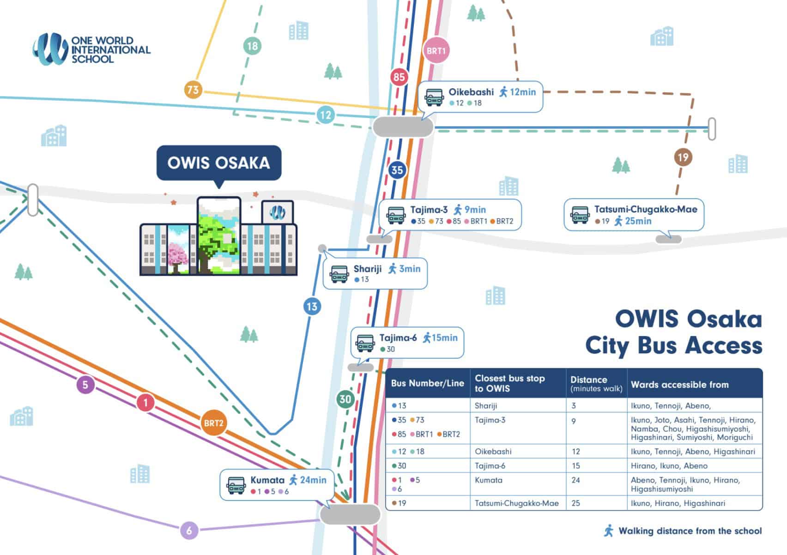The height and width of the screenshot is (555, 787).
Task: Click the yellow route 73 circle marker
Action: click(x=193, y=89)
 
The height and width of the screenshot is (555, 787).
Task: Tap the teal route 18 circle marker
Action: click(x=252, y=46)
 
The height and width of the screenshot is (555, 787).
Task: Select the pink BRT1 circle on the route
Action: click(x=436, y=50)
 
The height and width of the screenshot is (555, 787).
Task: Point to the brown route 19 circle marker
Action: click(x=683, y=157)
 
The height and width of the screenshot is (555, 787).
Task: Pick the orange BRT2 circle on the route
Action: click(x=213, y=423)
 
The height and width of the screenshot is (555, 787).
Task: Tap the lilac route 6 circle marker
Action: click(x=189, y=530)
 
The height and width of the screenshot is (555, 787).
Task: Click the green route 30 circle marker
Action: click(x=345, y=399)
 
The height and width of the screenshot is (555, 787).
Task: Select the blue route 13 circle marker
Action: click(x=312, y=307)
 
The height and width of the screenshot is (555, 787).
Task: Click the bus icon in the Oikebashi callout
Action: click(x=434, y=97)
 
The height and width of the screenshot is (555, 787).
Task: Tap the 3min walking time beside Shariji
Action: click(x=410, y=269)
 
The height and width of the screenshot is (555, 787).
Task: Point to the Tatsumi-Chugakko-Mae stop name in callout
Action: click(x=646, y=209)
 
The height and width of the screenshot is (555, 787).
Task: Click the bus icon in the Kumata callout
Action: click(x=236, y=485)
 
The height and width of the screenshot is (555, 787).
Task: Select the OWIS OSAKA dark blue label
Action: click(x=218, y=163)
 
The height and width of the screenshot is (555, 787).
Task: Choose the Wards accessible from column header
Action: click(x=679, y=384)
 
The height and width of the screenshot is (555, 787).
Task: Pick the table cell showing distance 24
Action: click(x=575, y=480)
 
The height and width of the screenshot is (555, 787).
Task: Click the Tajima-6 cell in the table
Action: click(x=490, y=466)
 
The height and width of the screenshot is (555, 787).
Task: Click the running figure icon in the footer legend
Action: click(x=609, y=531)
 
